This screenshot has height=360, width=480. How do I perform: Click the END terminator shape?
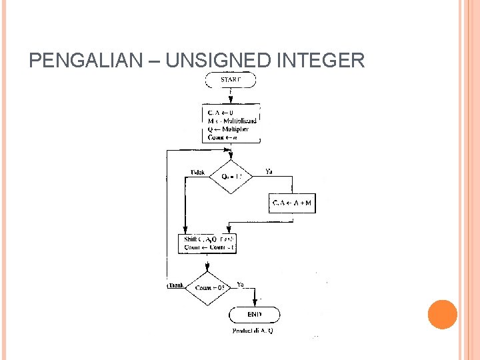[x=255, y=314]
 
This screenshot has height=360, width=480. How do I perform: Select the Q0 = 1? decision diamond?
[x=231, y=177]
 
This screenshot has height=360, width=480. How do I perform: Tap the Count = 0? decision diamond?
[x=210, y=288]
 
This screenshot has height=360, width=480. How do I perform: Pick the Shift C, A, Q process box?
[x=208, y=243]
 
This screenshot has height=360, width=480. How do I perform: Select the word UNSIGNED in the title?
[x=217, y=61]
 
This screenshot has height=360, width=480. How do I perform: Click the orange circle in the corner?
[x=443, y=314]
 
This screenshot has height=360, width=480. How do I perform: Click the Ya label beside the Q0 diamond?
[x=269, y=171]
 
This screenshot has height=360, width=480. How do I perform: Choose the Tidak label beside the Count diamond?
[x=175, y=285]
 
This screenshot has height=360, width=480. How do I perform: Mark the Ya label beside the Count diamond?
[x=241, y=284]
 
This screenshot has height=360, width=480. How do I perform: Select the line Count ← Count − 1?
[x=207, y=247]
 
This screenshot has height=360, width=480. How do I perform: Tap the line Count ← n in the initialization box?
[x=223, y=137]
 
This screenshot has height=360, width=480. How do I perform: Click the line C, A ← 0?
[x=221, y=112]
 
